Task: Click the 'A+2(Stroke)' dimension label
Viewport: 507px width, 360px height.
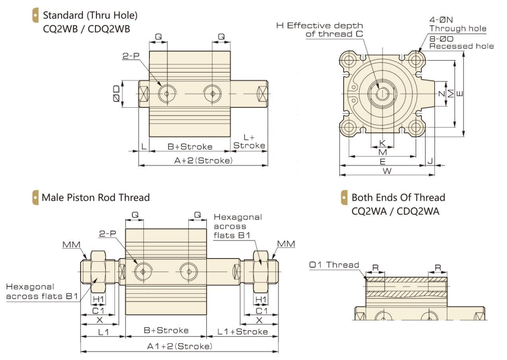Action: [x=203, y=161]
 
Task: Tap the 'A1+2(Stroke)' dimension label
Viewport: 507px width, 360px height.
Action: [x=179, y=346]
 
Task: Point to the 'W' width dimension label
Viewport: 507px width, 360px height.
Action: [x=387, y=171]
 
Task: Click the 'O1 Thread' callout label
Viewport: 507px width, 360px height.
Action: [x=334, y=265]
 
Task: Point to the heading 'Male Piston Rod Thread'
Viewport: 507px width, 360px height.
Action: [x=96, y=197]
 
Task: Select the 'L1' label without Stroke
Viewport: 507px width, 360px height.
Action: [x=103, y=332]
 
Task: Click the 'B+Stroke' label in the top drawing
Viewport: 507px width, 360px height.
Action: [x=190, y=147]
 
